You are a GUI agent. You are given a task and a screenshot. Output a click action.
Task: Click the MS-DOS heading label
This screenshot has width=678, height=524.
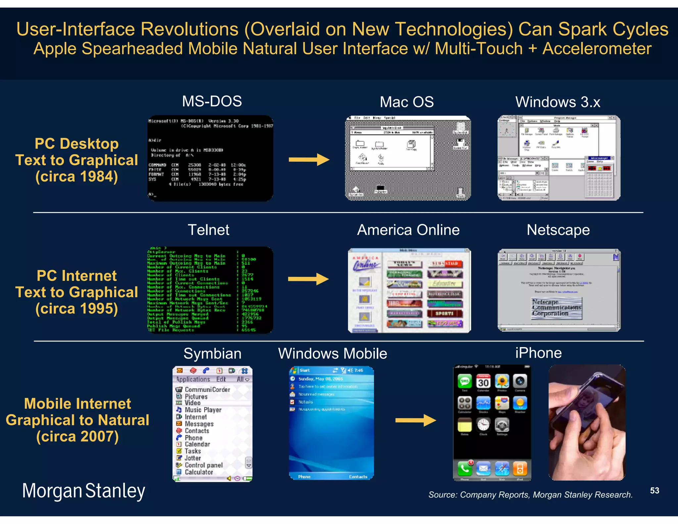click(x=212, y=101)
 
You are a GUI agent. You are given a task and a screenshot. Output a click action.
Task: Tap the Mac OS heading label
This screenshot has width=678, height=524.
click(x=407, y=102)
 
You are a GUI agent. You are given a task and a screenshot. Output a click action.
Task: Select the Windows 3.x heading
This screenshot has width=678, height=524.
click(x=558, y=102)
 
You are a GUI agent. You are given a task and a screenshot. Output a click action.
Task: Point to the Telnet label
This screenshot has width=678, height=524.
click(x=209, y=230)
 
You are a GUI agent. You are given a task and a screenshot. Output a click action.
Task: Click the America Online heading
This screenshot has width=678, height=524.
click(x=408, y=230)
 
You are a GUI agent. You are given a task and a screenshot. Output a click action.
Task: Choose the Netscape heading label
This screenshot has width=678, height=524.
click(x=558, y=230)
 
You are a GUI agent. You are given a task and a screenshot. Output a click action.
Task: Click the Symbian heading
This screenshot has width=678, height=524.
click(x=212, y=354)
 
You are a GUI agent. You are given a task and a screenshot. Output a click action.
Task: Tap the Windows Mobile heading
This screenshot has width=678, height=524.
click(x=332, y=354)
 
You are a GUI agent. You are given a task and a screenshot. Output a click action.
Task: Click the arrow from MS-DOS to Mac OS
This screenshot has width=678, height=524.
click(x=309, y=160)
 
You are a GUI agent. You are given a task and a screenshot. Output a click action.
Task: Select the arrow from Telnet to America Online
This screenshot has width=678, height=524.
click(x=308, y=279)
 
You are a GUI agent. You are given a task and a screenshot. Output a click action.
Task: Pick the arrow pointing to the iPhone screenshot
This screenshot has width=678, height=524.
click(x=415, y=421)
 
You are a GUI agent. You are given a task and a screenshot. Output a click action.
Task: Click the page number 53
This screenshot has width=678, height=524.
click(x=654, y=491)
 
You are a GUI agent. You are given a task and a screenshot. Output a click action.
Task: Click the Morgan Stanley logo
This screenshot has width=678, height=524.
click(x=83, y=491)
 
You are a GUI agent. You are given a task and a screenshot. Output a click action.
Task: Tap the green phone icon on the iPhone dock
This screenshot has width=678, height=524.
click(x=465, y=468)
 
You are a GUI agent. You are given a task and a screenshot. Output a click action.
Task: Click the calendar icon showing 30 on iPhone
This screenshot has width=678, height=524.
click(x=483, y=382)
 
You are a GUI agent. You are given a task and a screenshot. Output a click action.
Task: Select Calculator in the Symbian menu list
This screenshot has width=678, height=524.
click(x=199, y=472)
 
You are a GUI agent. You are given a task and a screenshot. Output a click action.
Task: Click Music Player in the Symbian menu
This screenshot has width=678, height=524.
click(x=203, y=410)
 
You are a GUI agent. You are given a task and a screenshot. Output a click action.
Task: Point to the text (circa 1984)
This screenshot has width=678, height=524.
click(x=76, y=177)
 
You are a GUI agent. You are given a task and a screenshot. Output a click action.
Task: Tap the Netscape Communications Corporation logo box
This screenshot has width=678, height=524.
click(x=557, y=308)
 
